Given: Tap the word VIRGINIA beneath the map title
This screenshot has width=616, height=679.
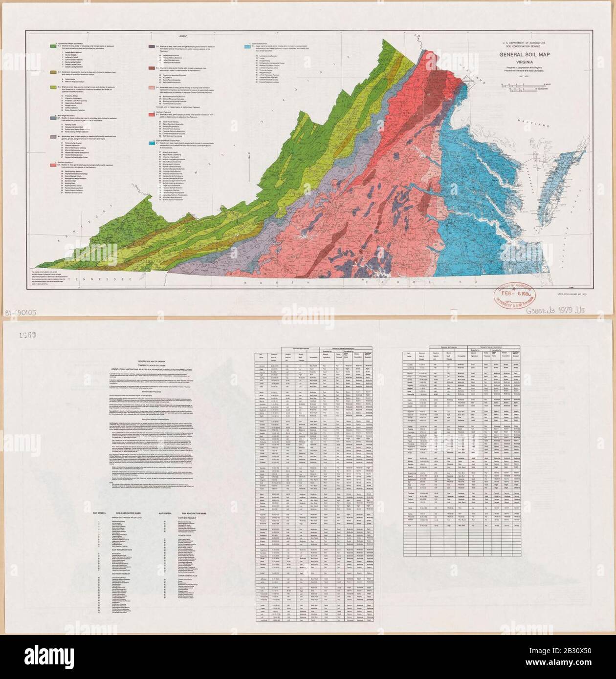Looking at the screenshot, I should (536, 62).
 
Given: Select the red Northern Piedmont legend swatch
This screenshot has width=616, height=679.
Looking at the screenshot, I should (151, 113).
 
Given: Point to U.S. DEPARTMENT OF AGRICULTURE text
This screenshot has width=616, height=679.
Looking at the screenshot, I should (536, 43).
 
